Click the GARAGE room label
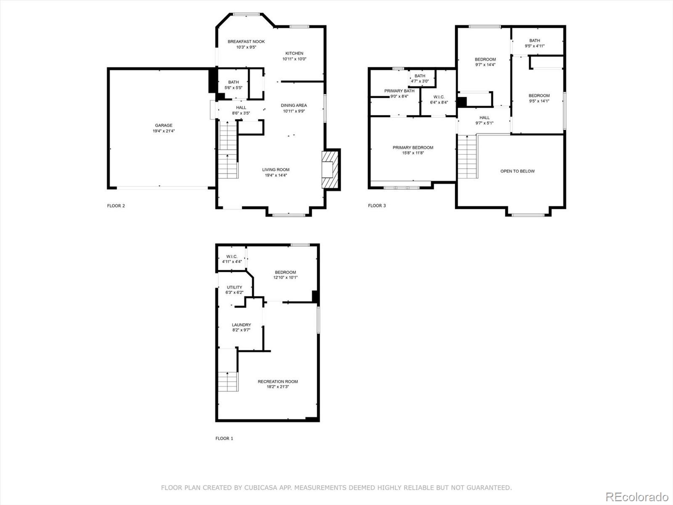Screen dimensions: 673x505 164,125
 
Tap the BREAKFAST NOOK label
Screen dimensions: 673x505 246,42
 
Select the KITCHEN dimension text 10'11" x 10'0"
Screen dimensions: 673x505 294,59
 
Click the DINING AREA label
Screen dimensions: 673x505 294,106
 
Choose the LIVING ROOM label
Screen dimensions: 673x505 276,170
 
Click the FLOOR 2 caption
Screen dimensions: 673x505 116,206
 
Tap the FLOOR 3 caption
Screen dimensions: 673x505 377,206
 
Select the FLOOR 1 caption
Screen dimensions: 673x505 224,439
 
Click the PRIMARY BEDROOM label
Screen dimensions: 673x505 413,148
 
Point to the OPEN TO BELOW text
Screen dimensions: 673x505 517,171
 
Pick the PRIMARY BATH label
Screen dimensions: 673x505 399,91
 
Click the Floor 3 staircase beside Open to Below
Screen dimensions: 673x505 467,157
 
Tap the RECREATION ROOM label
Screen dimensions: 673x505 278,382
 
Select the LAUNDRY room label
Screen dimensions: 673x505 241,325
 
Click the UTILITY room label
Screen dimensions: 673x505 235,287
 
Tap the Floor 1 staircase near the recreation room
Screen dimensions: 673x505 228,381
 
